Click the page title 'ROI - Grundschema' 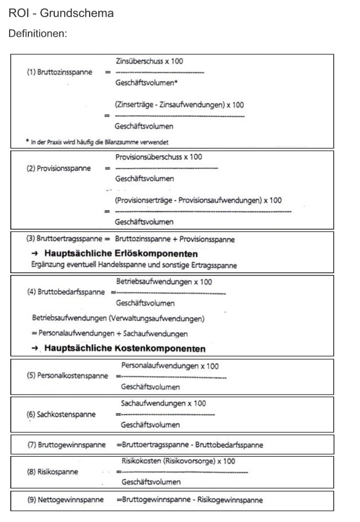coord(61,12)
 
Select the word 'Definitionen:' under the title coord(38,34)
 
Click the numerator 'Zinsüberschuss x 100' coord(149,61)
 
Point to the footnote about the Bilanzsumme coord(100,142)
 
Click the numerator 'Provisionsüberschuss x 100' coord(158,157)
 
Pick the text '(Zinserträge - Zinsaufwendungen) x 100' coord(179,105)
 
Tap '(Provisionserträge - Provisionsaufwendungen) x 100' coord(198,200)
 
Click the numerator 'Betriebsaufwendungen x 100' coord(165,281)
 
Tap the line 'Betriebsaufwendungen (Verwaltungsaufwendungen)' coord(118,318)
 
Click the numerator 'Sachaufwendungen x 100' coord(163,404)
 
